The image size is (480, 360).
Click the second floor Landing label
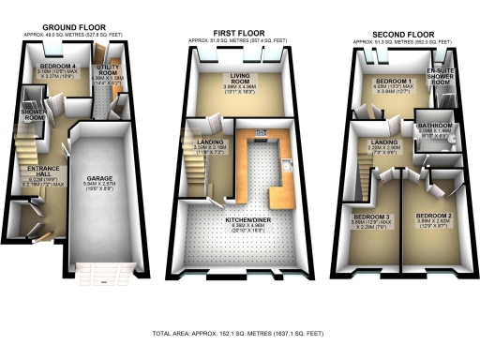pos(382,142)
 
